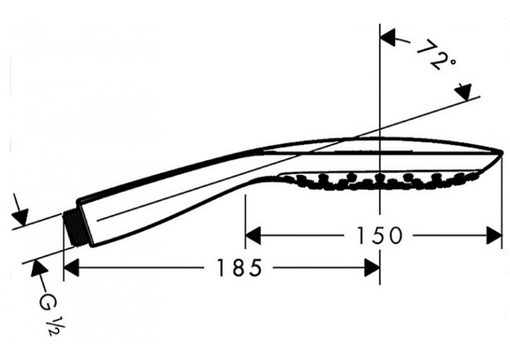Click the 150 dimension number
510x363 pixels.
pyautogui.click(x=379, y=235)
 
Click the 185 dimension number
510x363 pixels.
pyautogui.click(x=239, y=268)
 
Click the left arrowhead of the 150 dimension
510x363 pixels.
pyautogui.click(x=253, y=235)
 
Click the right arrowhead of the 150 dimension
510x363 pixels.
pyautogui.click(x=494, y=235)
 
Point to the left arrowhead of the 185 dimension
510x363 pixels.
pyautogui.click(x=71, y=268)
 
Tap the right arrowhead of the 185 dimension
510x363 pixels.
pyautogui.click(x=372, y=268)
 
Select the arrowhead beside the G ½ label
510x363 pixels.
pyautogui.click(x=39, y=268)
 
